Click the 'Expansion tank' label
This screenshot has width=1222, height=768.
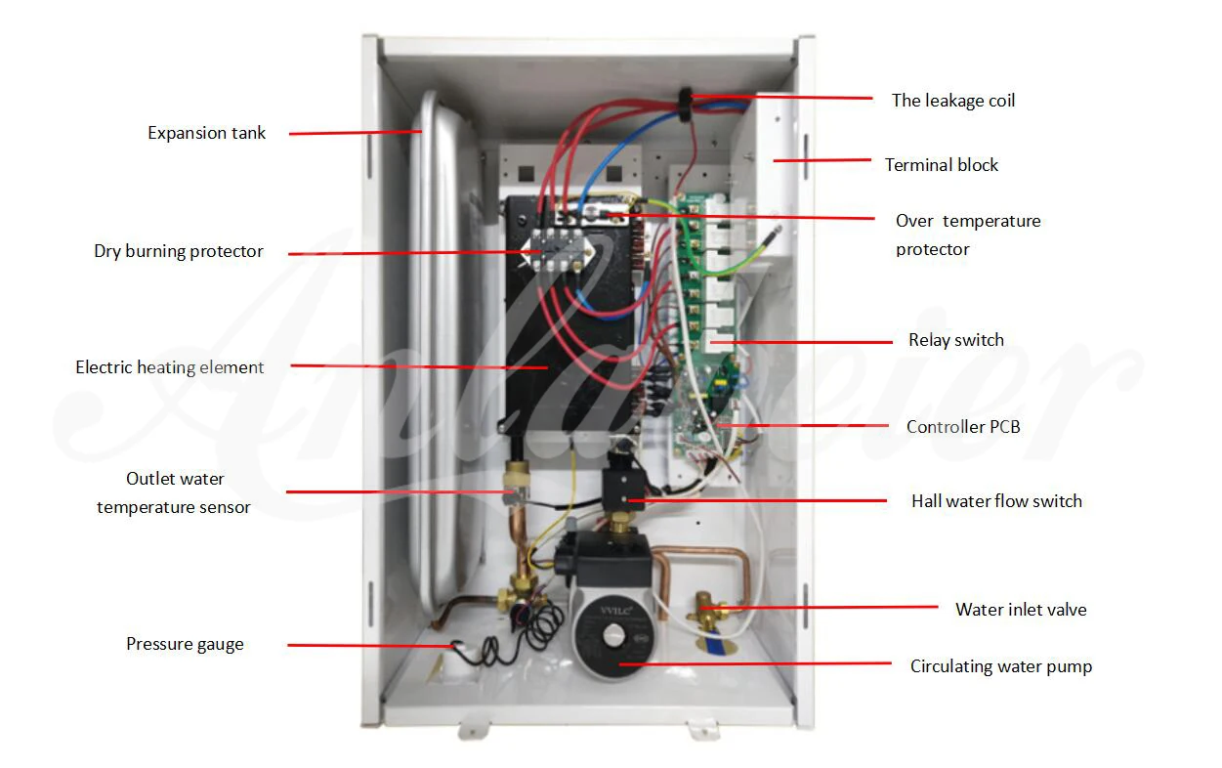(x=206, y=133)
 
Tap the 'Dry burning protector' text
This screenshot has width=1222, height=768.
(x=179, y=251)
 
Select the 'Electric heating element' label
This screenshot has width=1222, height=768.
(x=170, y=367)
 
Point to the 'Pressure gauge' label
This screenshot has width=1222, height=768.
(x=185, y=644)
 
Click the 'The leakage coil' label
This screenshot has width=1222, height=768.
(x=952, y=100)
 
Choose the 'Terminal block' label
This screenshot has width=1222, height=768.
(x=942, y=165)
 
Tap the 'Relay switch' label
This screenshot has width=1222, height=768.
(x=955, y=340)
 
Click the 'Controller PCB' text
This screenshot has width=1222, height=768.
(x=962, y=427)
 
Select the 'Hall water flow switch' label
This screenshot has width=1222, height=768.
(x=996, y=501)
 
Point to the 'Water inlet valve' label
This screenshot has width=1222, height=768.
(x=1021, y=610)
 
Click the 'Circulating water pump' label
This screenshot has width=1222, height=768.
(x=1000, y=666)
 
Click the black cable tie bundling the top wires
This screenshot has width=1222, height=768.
(x=686, y=103)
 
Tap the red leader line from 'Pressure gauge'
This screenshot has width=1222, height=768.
(x=371, y=645)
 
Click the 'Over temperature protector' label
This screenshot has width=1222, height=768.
(x=968, y=235)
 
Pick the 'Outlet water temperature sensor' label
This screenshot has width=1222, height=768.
(x=174, y=492)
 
